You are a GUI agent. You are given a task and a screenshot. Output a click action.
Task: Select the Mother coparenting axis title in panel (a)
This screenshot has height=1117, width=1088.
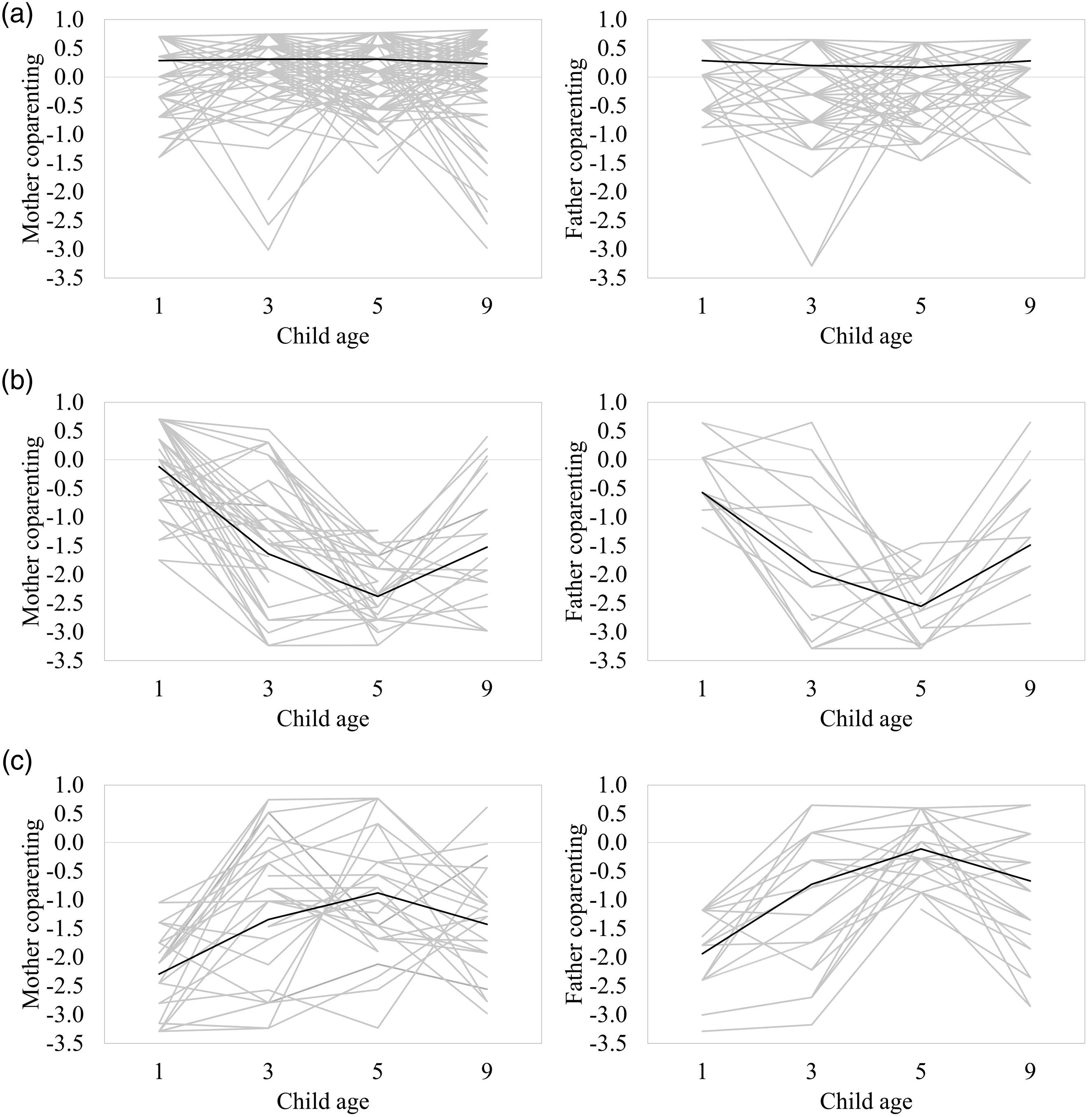coord(32,148)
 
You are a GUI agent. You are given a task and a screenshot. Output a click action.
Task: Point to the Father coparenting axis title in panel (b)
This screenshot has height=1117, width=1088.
coord(575,531)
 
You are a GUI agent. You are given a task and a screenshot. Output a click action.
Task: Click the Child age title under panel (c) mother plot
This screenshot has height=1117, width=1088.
coord(323,1101)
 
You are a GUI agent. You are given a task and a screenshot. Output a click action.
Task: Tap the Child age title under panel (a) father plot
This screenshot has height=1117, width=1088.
coord(866,336)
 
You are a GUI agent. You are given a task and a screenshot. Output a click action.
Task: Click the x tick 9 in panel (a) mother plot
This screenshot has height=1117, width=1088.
coord(486,306)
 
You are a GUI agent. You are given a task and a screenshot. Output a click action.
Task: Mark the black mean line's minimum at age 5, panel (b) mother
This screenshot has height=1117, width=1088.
coord(377,596)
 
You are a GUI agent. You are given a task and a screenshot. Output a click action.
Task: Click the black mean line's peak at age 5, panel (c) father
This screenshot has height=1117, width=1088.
coord(921,849)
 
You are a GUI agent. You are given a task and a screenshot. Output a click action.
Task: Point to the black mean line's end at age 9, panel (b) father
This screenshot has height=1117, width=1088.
coord(1030,545)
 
